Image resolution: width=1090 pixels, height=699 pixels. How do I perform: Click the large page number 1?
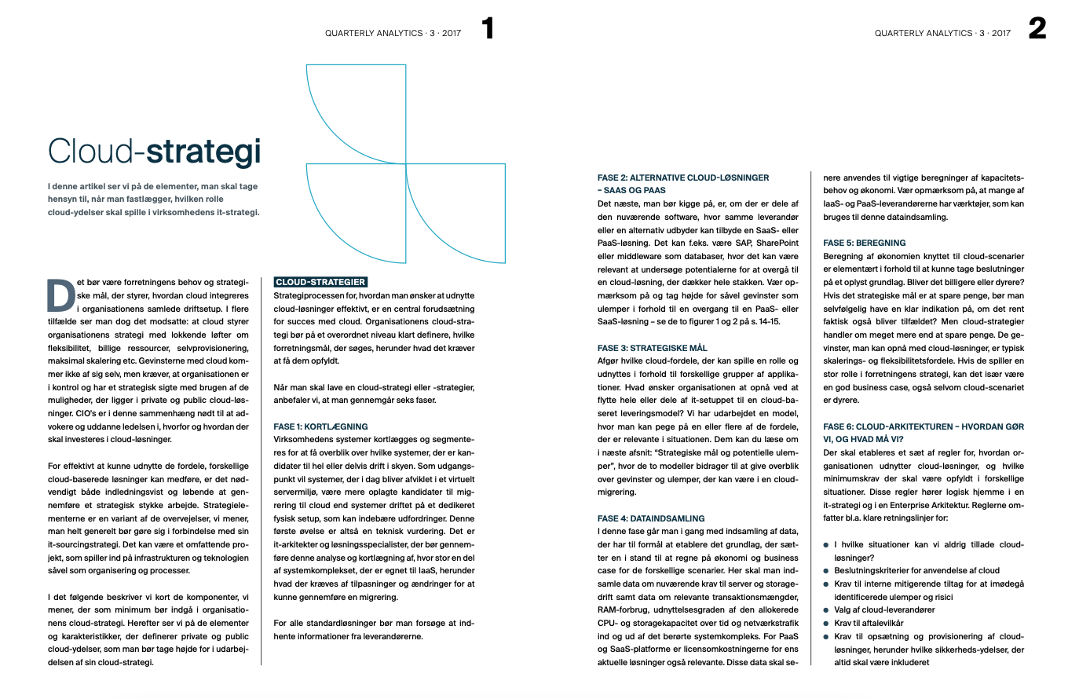[x=488, y=29]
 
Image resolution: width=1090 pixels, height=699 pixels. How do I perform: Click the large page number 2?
[x=1037, y=29]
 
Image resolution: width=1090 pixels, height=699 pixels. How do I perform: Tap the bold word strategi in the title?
[x=203, y=152]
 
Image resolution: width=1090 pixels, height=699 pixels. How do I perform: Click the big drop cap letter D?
[x=60, y=296]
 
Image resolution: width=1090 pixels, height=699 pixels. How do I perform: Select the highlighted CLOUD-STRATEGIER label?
[x=320, y=282]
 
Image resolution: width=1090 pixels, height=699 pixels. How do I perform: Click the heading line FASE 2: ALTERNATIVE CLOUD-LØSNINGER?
[x=683, y=177]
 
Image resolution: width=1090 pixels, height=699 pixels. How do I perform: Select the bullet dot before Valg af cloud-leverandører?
[x=826, y=610]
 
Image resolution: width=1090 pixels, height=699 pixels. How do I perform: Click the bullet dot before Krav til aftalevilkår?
[x=826, y=624]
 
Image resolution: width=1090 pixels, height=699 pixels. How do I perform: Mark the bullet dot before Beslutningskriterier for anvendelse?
[x=826, y=571]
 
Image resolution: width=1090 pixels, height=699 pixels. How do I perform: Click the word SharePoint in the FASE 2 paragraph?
[x=777, y=243]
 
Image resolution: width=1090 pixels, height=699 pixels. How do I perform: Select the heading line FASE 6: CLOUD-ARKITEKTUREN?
[x=924, y=426]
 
